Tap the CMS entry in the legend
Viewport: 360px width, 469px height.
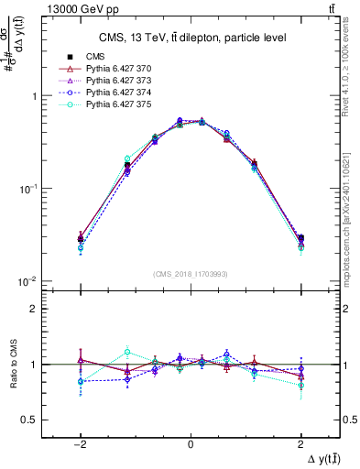[94, 58]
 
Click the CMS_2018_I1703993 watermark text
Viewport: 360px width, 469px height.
[190, 274]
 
